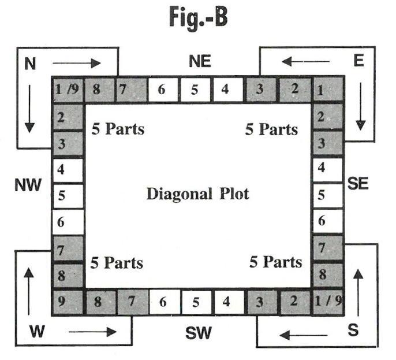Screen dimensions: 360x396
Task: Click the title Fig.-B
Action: click(x=198, y=18)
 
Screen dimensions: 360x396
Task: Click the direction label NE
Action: click(x=200, y=61)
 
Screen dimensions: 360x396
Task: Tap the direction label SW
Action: click(x=199, y=333)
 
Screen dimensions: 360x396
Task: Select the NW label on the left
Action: click(x=28, y=185)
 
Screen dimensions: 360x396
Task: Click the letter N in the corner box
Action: click(x=30, y=64)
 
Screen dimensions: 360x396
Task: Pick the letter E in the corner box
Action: click(x=359, y=61)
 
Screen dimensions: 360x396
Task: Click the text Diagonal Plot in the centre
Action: click(x=197, y=194)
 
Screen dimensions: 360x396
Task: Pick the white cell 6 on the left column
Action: click(x=68, y=221)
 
